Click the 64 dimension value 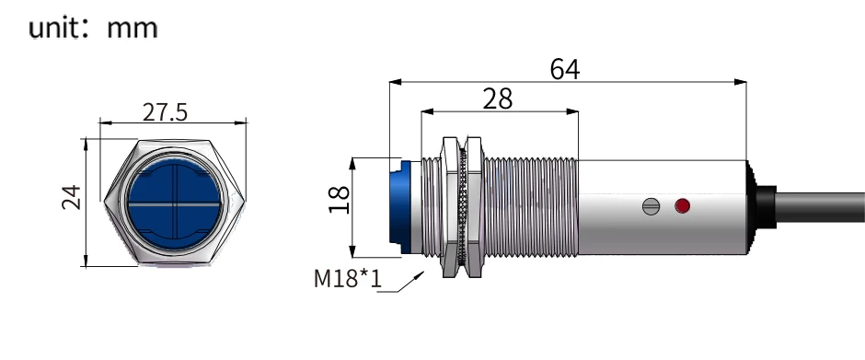tap(565, 70)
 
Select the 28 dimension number tap(498, 99)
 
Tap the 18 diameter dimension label tap(340, 200)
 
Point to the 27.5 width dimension tap(165, 112)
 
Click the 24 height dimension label tap(71, 197)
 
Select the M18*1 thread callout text tap(348, 279)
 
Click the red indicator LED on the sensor tap(683, 206)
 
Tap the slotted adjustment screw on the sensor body tap(651, 206)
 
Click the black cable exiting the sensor tap(820, 207)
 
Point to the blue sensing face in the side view tap(399, 207)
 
